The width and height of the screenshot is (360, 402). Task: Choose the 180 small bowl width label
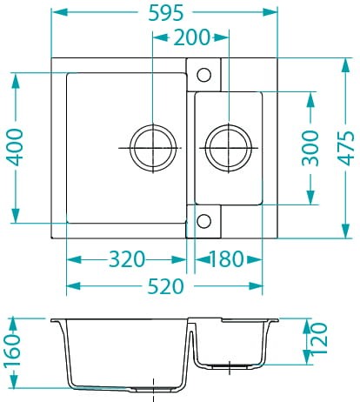226,258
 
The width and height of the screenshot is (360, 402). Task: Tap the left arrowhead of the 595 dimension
57,13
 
